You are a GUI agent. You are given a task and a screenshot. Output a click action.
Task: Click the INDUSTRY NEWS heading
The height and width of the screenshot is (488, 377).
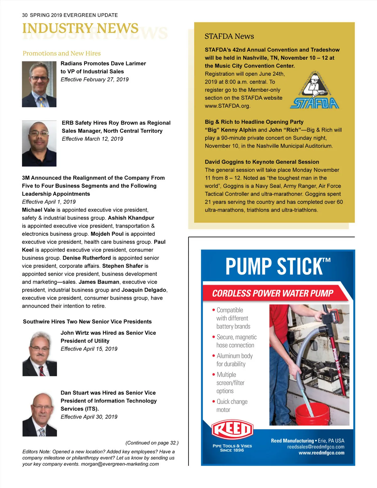coord(80,28)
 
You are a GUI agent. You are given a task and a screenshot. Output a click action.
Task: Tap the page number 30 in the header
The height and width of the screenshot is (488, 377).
coord(25,15)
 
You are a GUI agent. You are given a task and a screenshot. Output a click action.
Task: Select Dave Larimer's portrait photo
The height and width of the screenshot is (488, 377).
coord(39,84)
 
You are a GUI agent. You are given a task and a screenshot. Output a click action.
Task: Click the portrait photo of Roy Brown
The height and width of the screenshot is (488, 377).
coord(39,143)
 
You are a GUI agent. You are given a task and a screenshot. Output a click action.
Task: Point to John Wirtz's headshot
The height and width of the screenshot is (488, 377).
coord(40,353)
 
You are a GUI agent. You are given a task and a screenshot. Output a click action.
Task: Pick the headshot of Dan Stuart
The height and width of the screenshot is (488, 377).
coord(40,414)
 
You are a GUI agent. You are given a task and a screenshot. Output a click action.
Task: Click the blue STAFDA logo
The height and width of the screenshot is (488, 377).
coord(314,103)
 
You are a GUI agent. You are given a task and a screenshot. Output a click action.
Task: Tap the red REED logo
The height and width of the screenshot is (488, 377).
coord(232,429)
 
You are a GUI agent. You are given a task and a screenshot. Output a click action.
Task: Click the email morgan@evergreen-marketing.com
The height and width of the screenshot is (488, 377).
coord(120,464)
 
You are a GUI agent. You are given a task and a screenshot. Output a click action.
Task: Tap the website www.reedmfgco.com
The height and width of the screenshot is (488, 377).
coord(321,453)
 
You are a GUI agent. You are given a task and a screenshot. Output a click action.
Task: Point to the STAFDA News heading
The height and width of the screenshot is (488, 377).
coord(229,36)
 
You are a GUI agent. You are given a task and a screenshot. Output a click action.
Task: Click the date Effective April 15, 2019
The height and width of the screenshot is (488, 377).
coord(89,349)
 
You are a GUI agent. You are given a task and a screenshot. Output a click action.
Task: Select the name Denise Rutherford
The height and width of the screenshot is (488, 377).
coord(87,258)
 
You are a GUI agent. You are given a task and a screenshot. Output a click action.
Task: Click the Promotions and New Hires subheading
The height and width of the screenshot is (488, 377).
coord(62,53)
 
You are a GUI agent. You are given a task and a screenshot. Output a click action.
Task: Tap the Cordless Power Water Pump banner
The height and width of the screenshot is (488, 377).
coord(272,293)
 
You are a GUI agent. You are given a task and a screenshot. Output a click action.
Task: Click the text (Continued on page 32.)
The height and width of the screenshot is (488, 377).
coord(152,443)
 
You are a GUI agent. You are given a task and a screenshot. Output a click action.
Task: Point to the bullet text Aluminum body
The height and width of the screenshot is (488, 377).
coord(235,356)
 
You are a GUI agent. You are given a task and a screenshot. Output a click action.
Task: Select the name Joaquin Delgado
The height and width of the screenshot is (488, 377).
coord(144,290)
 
